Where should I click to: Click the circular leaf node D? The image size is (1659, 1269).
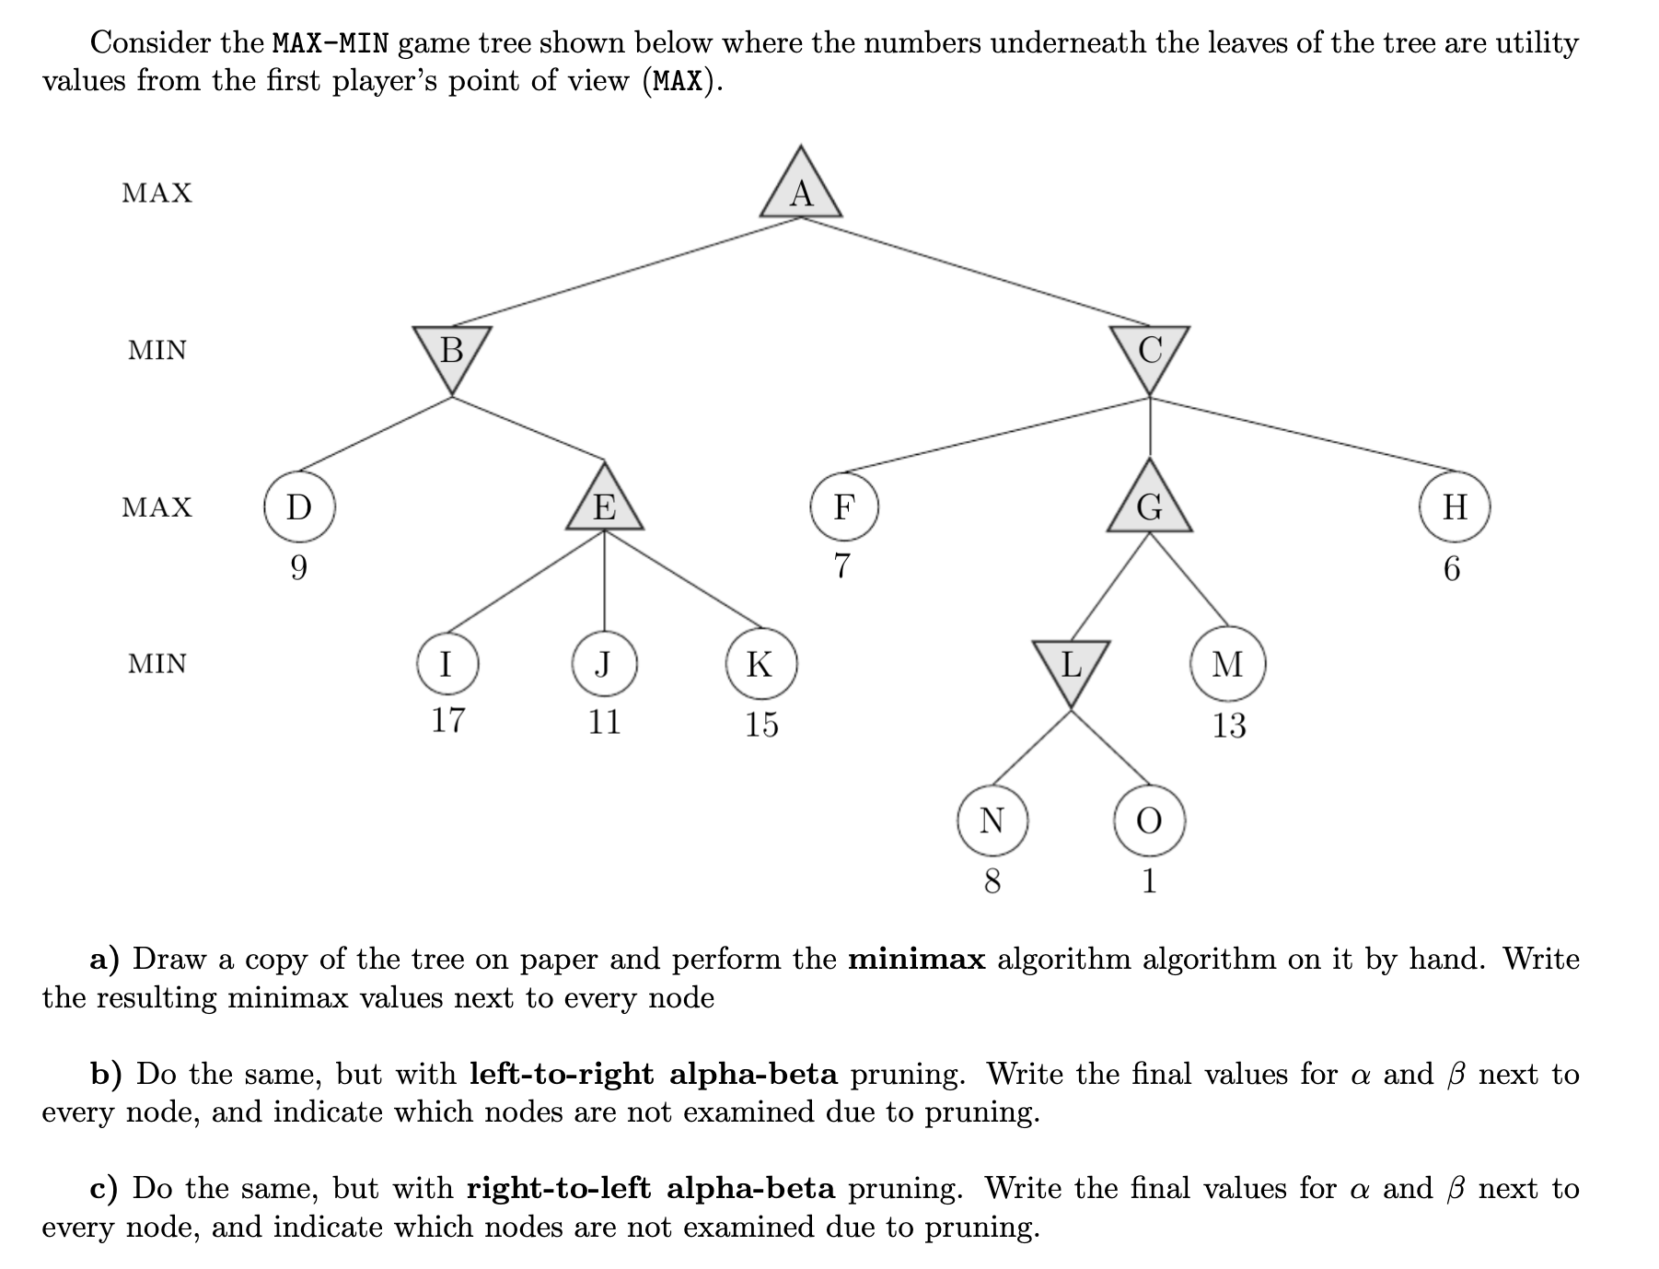(x=299, y=506)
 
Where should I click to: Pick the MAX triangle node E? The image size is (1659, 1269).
(x=604, y=505)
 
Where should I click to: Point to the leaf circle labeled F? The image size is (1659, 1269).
(x=843, y=506)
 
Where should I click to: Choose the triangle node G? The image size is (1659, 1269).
(x=1149, y=505)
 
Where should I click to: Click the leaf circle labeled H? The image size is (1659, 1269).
(x=1454, y=506)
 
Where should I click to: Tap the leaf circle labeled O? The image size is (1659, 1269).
(x=1149, y=820)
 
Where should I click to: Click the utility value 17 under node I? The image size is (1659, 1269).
(x=448, y=719)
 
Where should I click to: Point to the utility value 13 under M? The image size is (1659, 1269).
(x=1228, y=726)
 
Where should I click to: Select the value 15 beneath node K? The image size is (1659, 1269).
(x=761, y=725)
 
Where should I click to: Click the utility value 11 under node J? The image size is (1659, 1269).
(x=605, y=720)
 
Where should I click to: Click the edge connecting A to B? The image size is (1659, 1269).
(x=626, y=272)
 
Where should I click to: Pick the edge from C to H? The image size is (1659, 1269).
(x=1298, y=435)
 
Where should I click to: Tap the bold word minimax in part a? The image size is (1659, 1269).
(x=916, y=960)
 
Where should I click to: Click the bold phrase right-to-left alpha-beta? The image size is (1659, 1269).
(x=651, y=1189)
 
